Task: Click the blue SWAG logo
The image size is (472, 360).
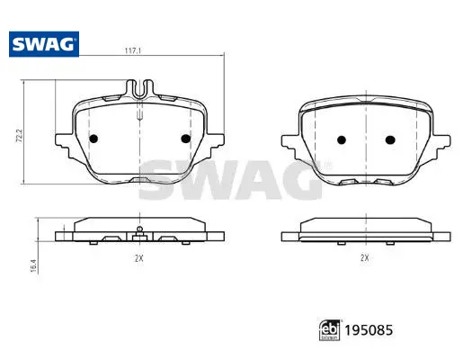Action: coord(44,44)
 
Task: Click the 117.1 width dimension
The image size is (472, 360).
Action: coord(133,51)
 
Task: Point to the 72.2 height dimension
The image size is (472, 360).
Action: coord(19,136)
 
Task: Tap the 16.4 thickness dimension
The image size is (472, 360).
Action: coord(33,266)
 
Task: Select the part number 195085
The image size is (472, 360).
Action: coord(369,330)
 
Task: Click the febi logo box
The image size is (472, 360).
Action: coord(330,330)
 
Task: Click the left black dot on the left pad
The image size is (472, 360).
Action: coord(94,139)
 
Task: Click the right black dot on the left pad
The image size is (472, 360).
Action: coord(186,139)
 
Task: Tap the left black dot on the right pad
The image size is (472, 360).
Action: coord(342,139)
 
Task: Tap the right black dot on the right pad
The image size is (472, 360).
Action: coord(390,139)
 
